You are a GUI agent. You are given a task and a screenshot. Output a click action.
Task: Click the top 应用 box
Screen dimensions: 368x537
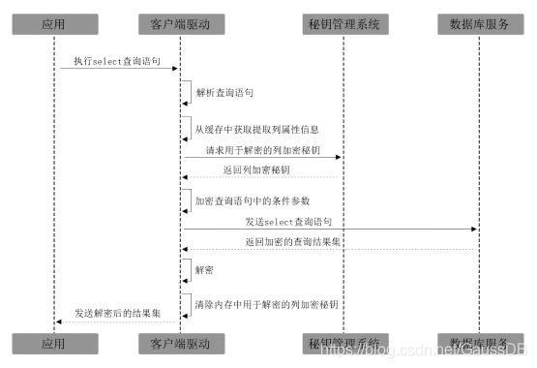tap(54, 22)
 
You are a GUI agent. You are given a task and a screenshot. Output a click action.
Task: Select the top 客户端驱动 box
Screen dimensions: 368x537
tap(182, 22)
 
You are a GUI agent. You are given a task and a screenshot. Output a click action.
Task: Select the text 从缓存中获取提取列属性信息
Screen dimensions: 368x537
tap(257, 128)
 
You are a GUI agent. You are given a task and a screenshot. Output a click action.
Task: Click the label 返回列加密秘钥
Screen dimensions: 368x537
tap(256, 171)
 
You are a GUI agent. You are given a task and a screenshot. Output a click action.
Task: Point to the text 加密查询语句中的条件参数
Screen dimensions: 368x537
tap(252, 200)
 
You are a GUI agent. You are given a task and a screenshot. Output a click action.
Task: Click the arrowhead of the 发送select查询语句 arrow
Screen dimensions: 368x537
tap(474, 230)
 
